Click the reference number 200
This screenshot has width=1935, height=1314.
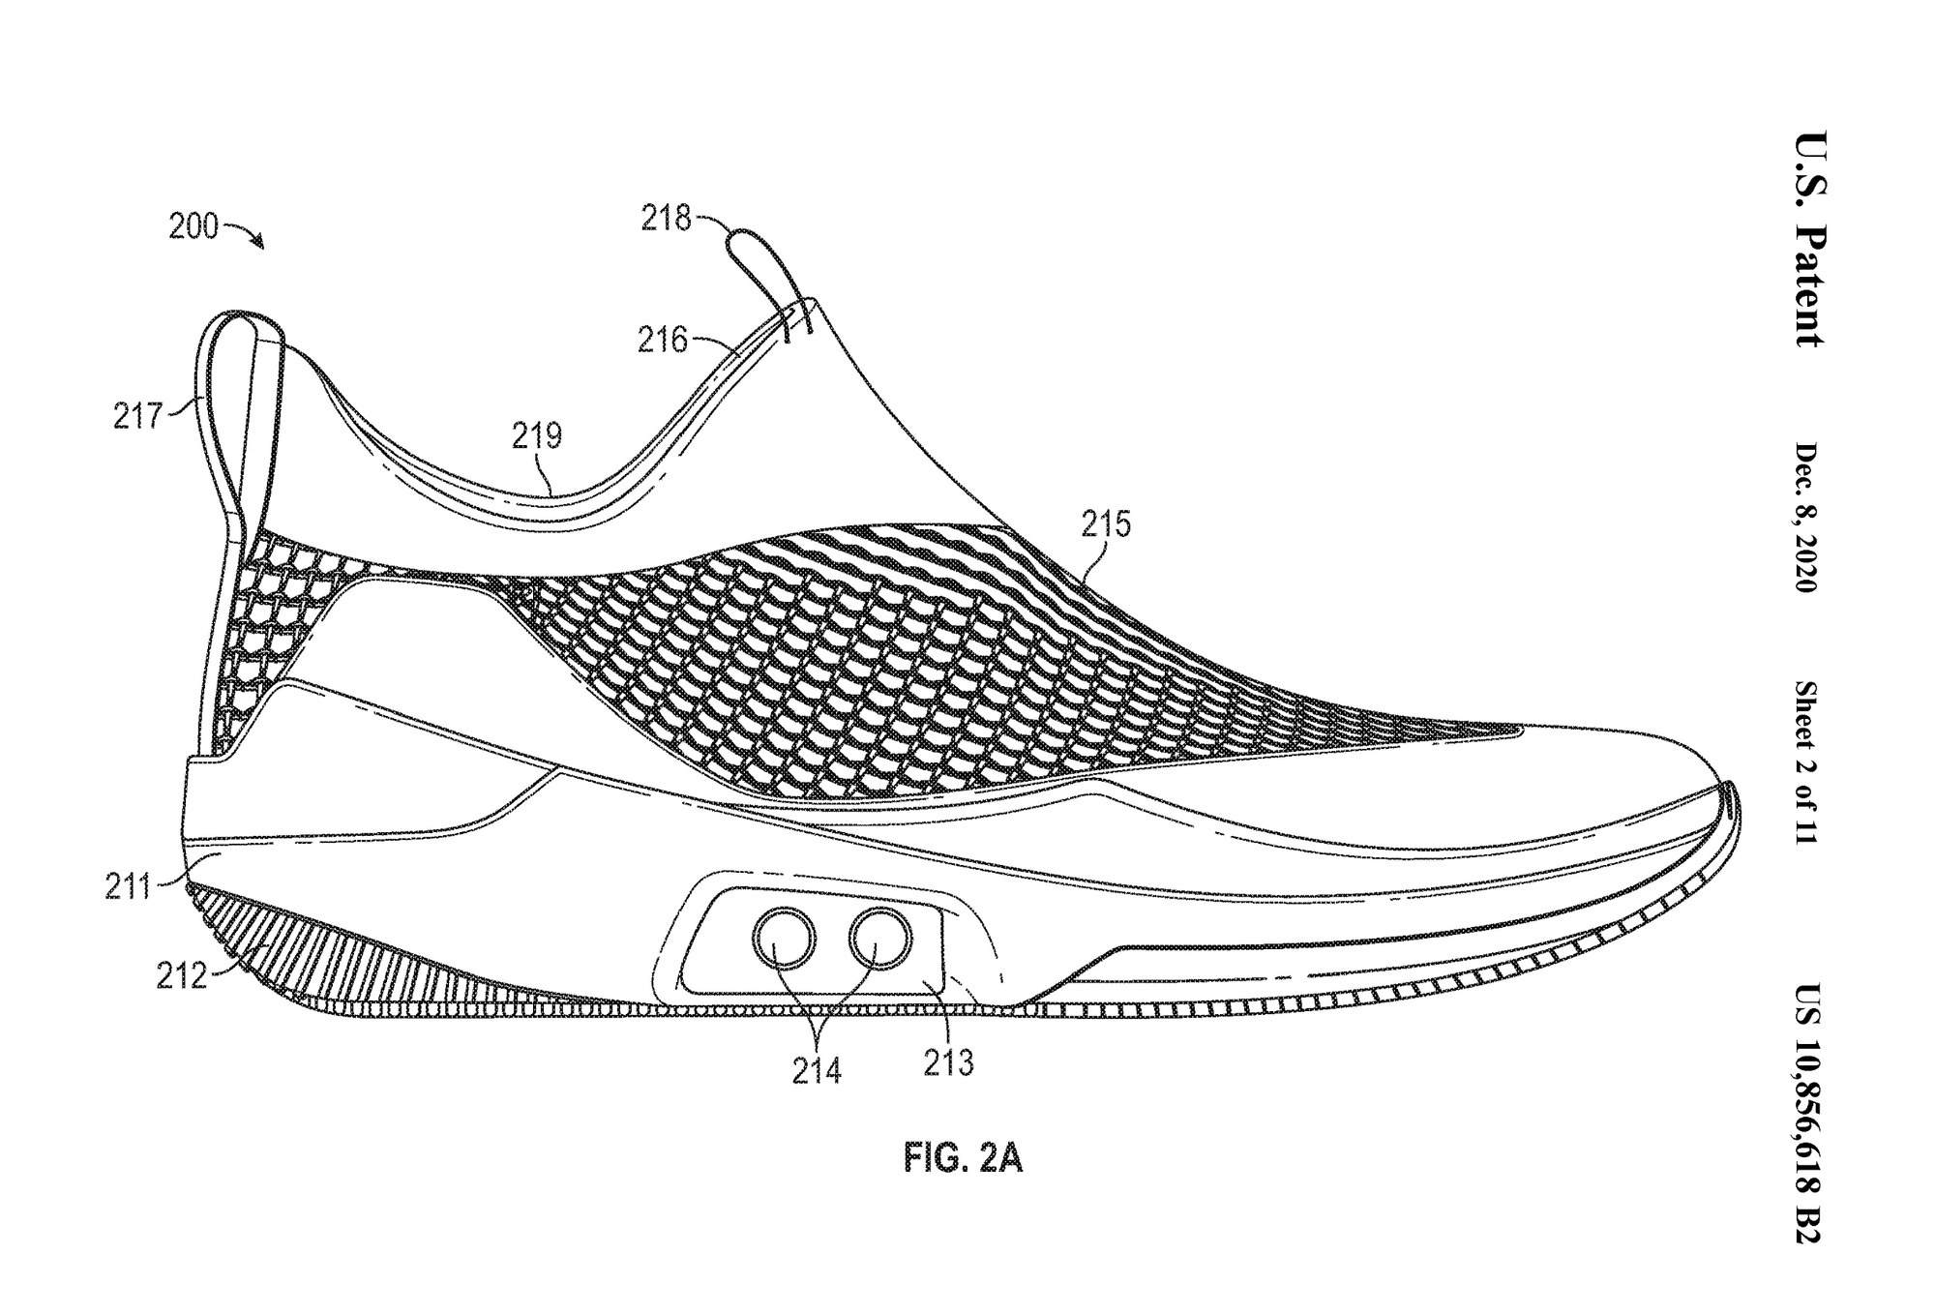193,226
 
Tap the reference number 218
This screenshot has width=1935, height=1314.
666,219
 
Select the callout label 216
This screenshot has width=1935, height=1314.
662,340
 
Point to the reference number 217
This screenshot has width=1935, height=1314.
137,416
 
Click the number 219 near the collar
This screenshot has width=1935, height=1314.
537,436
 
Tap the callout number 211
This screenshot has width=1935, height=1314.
129,886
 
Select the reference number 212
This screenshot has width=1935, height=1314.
182,976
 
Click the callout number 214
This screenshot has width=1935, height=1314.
817,1071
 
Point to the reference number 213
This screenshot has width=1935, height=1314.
948,1063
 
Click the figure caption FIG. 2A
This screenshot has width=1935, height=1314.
963,1157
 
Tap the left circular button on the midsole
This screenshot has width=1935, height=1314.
785,937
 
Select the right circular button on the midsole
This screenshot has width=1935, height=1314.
879,937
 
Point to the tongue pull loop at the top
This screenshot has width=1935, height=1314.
759,261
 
